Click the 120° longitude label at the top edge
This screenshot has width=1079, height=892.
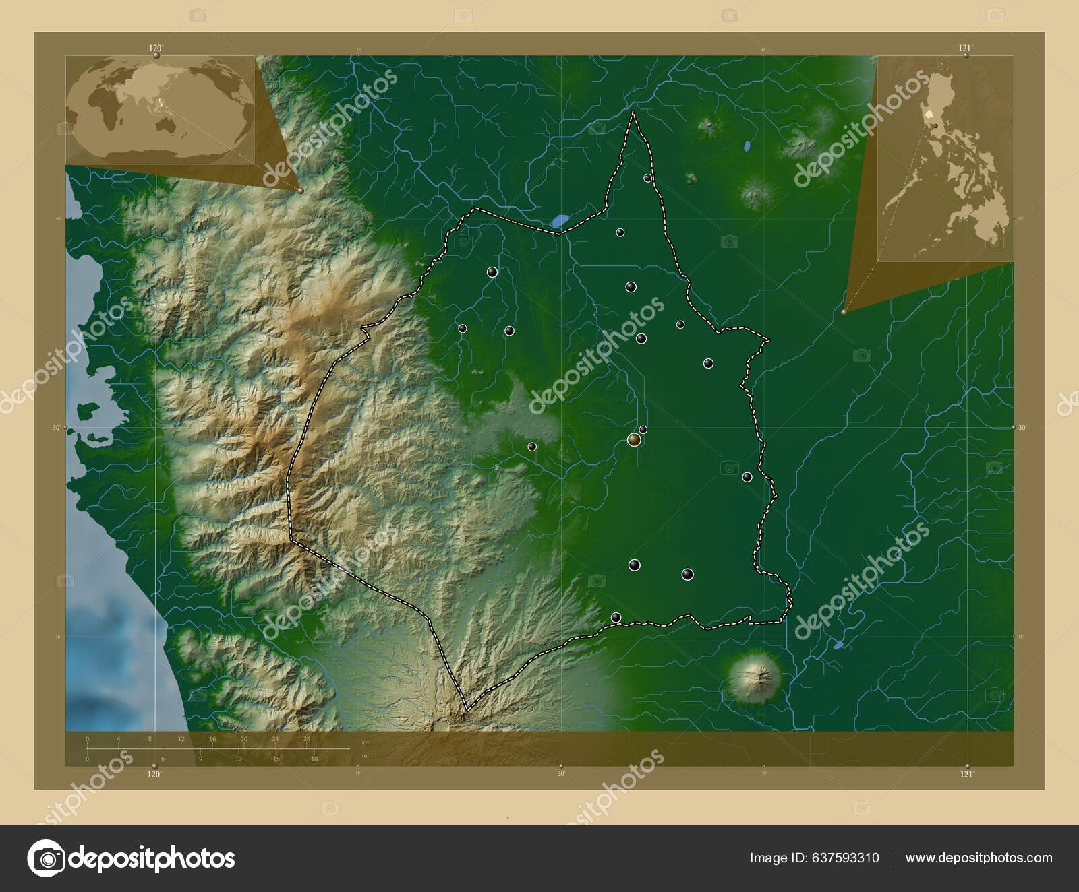156,48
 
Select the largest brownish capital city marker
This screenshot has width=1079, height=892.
633,440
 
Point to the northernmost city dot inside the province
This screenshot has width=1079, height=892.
647,179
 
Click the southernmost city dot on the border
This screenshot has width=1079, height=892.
615,617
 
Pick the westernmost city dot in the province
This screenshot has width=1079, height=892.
463,329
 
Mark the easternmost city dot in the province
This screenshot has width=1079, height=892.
747,477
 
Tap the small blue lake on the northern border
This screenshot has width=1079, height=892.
559,220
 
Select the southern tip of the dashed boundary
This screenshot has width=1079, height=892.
465,711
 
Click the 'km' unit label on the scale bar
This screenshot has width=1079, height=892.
366,742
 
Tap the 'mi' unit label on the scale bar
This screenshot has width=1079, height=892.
366,756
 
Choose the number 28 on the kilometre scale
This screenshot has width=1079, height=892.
307,739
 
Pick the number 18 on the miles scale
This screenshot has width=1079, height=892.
314,759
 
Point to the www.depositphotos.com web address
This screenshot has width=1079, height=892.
979,858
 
